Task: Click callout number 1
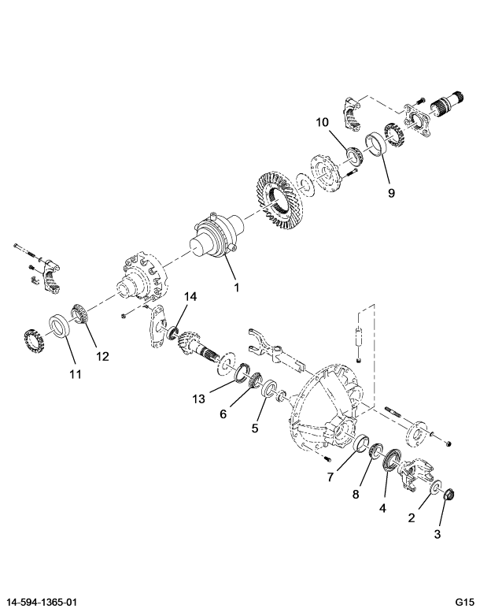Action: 236,287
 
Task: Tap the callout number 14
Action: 190,297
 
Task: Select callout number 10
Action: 323,123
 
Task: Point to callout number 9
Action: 391,193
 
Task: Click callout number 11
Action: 76,374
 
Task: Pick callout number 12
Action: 102,356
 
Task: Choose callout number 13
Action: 198,399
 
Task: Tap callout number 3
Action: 437,534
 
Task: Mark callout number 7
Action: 330,477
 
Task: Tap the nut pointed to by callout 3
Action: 450,494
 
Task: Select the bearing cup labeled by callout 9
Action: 376,144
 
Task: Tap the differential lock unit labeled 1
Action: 218,236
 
